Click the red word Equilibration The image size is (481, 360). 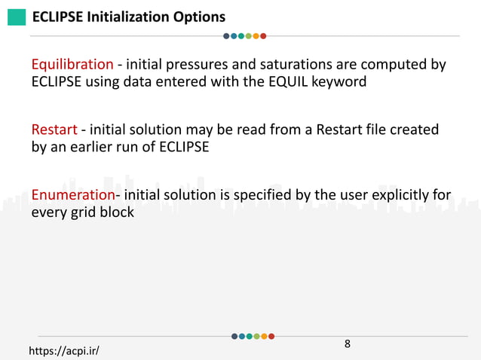pos(72,64)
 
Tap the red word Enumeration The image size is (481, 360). pos(72,196)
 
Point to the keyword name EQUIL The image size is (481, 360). pos(290,81)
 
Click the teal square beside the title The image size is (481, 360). pos(16,17)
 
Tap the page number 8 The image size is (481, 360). pos(347,344)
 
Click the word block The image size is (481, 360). pos(116,212)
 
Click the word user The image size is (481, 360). pos(348,196)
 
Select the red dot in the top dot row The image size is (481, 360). pos(263,35)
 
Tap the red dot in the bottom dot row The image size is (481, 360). pos(271,336)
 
